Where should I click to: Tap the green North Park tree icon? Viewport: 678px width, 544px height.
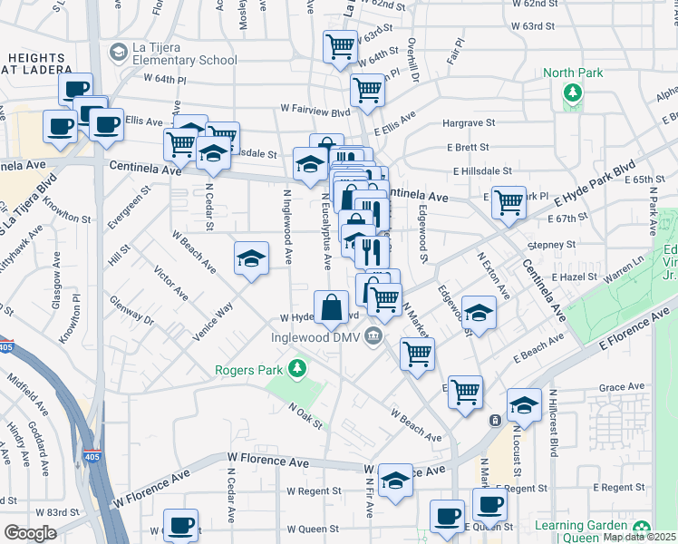(x=572, y=92)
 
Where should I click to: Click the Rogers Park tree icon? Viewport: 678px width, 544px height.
(x=295, y=367)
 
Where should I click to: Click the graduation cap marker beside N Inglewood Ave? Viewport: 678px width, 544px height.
(x=251, y=258)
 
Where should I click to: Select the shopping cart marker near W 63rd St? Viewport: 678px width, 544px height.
(x=340, y=45)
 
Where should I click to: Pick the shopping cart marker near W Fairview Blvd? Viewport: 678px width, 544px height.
(x=367, y=89)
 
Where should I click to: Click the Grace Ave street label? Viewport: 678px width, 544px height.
(x=620, y=387)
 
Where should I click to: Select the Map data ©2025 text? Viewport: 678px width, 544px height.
(x=640, y=537)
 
